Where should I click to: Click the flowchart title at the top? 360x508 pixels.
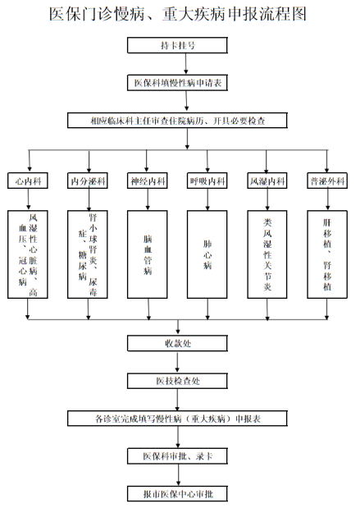tap(178, 14)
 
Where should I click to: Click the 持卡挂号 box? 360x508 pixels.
tap(177, 45)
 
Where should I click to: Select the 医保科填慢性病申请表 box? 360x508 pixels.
tap(177, 83)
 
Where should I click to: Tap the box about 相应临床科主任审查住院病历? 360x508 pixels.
tap(177, 121)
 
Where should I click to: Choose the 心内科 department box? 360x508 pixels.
tap(28, 181)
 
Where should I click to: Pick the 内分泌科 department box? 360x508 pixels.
tap(88, 181)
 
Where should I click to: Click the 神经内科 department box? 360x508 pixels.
tap(148, 181)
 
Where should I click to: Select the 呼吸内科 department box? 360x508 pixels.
tap(207, 181)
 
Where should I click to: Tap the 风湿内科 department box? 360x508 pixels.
tap(267, 181)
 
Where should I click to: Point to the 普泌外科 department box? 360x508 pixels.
tap(327, 181)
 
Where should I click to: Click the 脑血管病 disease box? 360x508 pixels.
tap(148, 254)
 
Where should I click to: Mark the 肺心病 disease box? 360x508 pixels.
tap(207, 254)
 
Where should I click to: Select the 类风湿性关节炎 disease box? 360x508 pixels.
tap(267, 254)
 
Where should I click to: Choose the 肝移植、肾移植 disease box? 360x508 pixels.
tap(327, 254)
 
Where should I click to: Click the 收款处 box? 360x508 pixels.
tap(177, 343)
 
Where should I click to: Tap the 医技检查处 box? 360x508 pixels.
tap(177, 381)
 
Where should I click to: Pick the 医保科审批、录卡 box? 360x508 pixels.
tap(177, 456)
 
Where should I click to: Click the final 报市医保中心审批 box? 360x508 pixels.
tap(177, 494)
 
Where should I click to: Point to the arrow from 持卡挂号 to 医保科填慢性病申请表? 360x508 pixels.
tap(186, 64)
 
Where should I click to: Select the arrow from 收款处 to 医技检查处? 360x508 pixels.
tap(177, 362)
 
